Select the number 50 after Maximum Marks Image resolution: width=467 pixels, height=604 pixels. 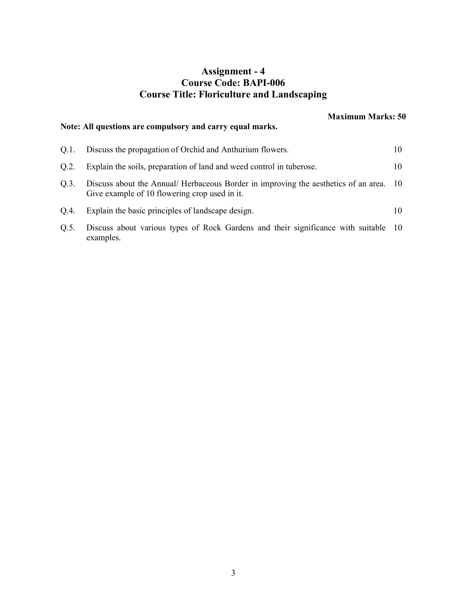pos(401,116)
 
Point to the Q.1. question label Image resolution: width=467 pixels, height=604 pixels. pos(68,150)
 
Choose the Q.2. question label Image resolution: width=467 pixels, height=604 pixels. pos(68,167)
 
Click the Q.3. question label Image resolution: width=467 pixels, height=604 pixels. pos(68,184)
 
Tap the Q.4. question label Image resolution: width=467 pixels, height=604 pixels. pos(68,211)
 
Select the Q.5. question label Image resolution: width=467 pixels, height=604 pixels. pos(68,228)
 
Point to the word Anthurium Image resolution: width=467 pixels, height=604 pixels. pos(237,150)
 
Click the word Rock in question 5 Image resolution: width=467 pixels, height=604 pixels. pos(212,228)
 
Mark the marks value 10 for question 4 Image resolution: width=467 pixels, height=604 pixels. pos(397,211)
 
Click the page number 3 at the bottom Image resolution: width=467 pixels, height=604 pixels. pos(233,573)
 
